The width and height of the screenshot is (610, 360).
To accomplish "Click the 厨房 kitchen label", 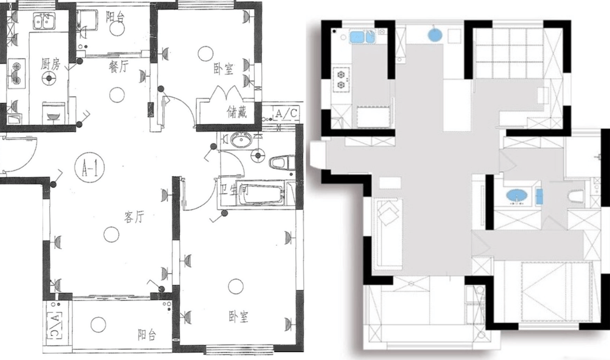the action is (50, 64).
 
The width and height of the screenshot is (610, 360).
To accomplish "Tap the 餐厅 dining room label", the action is (118, 67).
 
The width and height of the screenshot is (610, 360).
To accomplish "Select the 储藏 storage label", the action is (236, 112).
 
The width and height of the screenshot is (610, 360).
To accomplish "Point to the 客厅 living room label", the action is (134, 217).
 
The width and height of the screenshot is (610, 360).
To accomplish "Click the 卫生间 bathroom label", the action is (234, 190).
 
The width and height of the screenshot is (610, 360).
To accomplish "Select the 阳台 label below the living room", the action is (147, 334).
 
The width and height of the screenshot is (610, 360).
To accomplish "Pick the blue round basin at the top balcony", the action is (435, 35).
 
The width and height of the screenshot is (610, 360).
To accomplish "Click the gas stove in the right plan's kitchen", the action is (341, 79).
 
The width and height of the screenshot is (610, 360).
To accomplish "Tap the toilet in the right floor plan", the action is (576, 196).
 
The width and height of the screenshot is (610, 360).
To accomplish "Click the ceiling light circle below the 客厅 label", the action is (111, 234).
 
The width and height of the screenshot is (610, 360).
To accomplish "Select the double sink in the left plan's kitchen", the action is (44, 22).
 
